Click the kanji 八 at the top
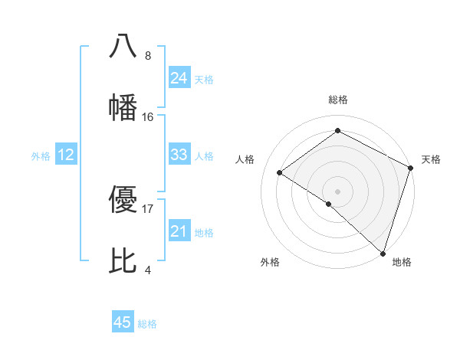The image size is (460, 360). pyautogui.click(x=123, y=45)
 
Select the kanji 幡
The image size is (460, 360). pyautogui.click(x=123, y=107)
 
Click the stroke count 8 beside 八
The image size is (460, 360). pyautogui.click(x=148, y=56)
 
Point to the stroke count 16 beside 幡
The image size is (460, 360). pyautogui.click(x=148, y=117)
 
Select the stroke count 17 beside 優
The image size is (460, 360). pyautogui.click(x=148, y=208)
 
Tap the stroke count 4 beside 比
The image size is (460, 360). pyautogui.click(x=148, y=270)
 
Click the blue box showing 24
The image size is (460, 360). pyautogui.click(x=179, y=78)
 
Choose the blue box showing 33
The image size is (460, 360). pyautogui.click(x=179, y=155)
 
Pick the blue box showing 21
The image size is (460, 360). pyautogui.click(x=179, y=231)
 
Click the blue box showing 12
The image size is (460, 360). pyautogui.click(x=66, y=155)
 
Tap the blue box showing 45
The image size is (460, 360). pyautogui.click(x=123, y=322)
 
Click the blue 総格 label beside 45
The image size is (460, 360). pyautogui.click(x=147, y=324)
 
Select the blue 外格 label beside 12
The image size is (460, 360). pyautogui.click(x=41, y=156)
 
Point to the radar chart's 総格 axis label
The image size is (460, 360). pyautogui.click(x=338, y=100)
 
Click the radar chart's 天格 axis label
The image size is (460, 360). pyautogui.click(x=431, y=159)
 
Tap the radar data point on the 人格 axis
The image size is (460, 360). pyautogui.click(x=280, y=172)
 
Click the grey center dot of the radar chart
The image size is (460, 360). pyautogui.click(x=337, y=190)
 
